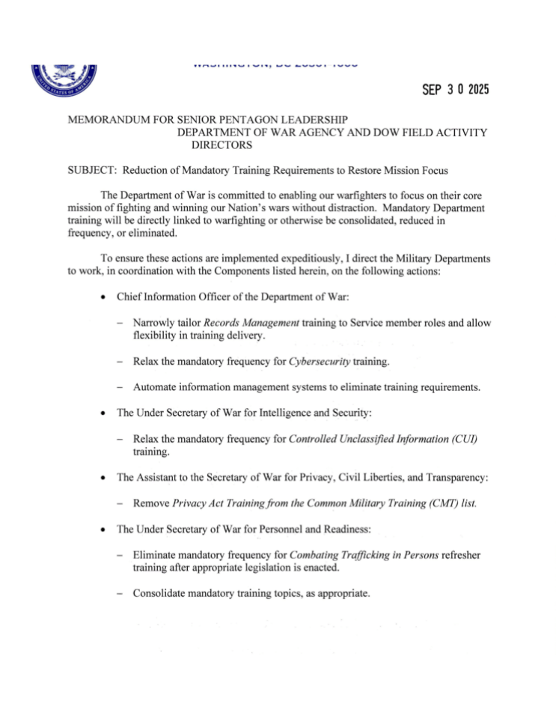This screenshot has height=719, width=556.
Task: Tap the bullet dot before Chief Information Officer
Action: tap(102, 297)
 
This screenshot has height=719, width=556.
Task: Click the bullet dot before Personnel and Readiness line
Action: tap(102, 530)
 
